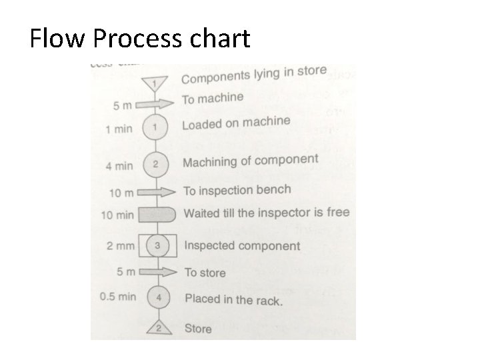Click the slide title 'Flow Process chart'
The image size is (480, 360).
point(140,39)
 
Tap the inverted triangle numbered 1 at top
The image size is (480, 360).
point(155,83)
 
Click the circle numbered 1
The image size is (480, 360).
point(155,126)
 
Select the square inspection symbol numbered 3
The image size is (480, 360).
point(157,245)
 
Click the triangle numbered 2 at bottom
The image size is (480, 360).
point(159,327)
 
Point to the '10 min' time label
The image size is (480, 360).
point(116,215)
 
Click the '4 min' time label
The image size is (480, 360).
point(119,165)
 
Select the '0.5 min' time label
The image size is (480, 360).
point(117,296)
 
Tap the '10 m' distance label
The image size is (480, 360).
point(122,193)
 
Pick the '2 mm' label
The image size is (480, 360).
point(121,245)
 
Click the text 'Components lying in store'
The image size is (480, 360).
point(254,75)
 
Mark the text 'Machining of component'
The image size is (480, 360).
point(251,161)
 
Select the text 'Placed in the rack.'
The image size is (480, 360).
point(233,299)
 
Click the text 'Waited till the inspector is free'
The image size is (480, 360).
point(266,213)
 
